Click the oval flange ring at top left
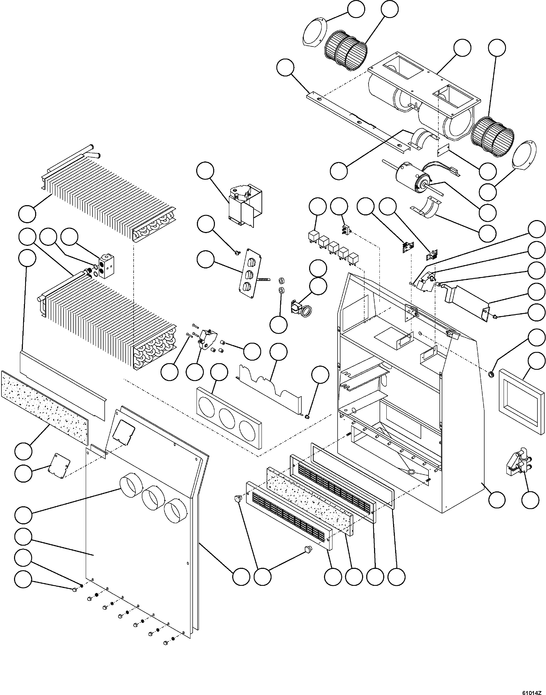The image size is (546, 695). point(315,35)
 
